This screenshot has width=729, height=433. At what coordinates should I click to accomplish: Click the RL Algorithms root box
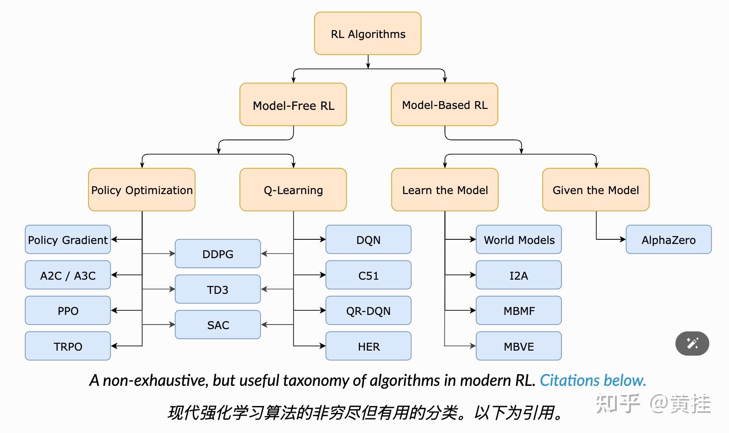(x=368, y=34)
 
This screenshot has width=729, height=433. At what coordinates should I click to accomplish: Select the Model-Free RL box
(x=293, y=105)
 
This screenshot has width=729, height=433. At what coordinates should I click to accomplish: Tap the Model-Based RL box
(x=444, y=105)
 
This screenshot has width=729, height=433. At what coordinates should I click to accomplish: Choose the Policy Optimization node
(x=142, y=190)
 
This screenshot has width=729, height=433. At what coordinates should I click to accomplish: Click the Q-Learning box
(x=293, y=190)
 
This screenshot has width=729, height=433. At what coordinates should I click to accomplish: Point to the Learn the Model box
(x=445, y=190)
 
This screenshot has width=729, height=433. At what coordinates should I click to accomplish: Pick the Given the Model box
(x=596, y=190)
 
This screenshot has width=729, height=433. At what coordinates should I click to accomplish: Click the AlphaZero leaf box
(x=669, y=240)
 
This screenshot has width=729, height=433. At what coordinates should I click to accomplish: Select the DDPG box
(x=218, y=254)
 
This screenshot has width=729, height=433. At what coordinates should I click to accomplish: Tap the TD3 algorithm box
(x=218, y=289)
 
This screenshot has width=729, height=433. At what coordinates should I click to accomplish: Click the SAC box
(x=218, y=325)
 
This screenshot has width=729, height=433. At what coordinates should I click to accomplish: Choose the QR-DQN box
(x=368, y=311)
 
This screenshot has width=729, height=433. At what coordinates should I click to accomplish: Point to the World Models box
(x=519, y=240)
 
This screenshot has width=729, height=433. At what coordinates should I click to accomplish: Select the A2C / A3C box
(x=68, y=275)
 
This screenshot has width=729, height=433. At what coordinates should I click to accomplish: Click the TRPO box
(x=68, y=346)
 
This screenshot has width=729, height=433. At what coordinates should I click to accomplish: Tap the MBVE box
(x=519, y=346)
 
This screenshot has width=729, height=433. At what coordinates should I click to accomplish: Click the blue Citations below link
(x=593, y=380)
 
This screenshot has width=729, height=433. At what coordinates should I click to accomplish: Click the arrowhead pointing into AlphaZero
(x=623, y=239)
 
